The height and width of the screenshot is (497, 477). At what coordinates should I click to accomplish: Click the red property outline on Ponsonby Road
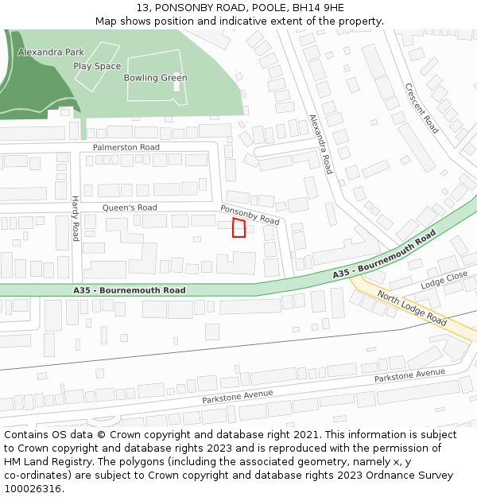[238, 228]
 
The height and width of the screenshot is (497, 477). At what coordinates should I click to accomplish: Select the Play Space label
[97, 66]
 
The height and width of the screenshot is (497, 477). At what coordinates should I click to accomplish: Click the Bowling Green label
[155, 78]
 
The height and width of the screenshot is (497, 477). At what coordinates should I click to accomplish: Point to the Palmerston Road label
[126, 147]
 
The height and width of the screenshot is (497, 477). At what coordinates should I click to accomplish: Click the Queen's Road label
[130, 208]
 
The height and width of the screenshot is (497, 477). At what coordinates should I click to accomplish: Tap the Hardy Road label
[76, 219]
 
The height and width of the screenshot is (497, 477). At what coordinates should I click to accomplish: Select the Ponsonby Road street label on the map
[250, 214]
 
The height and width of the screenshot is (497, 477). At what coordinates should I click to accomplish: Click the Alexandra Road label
[320, 145]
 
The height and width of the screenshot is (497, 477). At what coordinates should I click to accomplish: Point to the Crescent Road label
[421, 108]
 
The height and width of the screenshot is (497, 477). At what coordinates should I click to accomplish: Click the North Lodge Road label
[412, 308]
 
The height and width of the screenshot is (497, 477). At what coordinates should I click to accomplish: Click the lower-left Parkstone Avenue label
[237, 395]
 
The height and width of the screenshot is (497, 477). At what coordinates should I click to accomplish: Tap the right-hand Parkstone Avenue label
[409, 373]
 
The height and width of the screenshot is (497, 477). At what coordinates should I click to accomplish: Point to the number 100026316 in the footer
[33, 488]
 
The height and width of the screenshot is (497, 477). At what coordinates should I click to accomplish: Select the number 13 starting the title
[142, 8]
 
